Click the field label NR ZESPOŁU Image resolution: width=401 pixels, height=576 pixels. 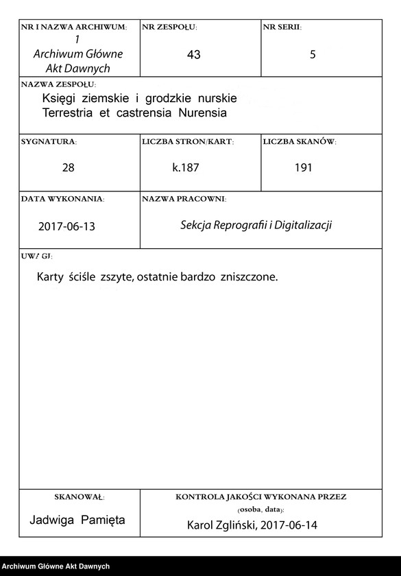pos(169,27)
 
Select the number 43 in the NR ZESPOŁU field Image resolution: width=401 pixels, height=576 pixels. pos(193,55)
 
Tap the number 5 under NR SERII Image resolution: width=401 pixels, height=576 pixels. pos(313,55)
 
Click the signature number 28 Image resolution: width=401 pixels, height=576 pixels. pos(68,167)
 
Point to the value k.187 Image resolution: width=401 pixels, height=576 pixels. pos(186,167)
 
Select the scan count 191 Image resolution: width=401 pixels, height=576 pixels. pos(303,167)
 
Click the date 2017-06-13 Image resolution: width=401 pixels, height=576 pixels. pos(67,226)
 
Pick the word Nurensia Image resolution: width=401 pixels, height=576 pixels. pos(203,112)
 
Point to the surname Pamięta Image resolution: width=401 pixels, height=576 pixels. pos(103,520)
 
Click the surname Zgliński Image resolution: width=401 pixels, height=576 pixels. pos(237,525)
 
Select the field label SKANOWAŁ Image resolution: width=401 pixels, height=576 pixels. pos(79,496)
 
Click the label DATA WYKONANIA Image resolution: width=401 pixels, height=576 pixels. pos(62,199)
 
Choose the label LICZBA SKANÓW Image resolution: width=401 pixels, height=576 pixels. pos(299,142)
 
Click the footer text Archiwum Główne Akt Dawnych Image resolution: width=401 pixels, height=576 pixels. pos(56,566)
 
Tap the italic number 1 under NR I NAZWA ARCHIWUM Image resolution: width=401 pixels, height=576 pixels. pos(77,40)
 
